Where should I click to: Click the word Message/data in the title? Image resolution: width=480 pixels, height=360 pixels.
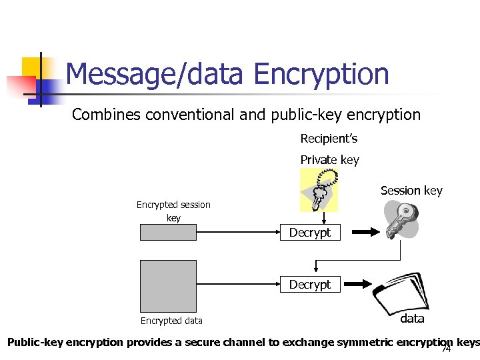(154, 74)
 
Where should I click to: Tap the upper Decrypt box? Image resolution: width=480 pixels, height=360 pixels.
(309, 233)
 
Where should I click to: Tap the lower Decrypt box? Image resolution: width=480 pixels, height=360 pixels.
(309, 285)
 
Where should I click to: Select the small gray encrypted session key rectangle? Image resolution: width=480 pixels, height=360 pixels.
(169, 232)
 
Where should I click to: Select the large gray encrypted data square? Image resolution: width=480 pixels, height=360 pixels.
(169, 286)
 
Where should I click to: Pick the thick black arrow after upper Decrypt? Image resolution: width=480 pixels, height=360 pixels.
(363, 233)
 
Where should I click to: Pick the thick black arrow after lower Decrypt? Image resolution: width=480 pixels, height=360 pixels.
(363, 285)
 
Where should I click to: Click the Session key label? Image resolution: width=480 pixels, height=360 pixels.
(411, 191)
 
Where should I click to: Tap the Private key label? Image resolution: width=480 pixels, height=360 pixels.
(329, 160)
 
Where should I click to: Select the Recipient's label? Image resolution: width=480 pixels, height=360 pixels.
(329, 139)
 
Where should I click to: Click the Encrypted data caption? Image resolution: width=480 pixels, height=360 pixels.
(171, 321)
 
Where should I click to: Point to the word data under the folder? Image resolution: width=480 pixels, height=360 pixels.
(412, 319)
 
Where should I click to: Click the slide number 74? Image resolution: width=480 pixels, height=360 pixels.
(446, 349)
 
